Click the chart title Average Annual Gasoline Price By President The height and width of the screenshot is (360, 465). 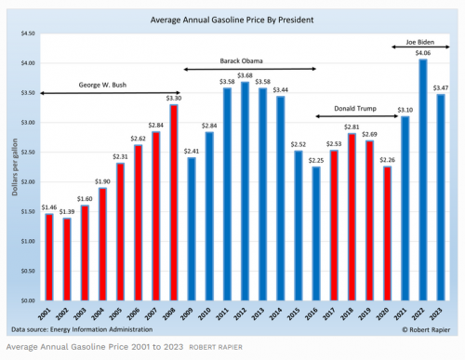(x=238, y=19)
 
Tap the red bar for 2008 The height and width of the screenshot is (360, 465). (x=174, y=203)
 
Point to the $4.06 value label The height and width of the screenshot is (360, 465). (x=423, y=52)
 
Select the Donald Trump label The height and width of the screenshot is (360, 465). (x=358, y=106)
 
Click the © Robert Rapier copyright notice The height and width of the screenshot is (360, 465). (x=424, y=329)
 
